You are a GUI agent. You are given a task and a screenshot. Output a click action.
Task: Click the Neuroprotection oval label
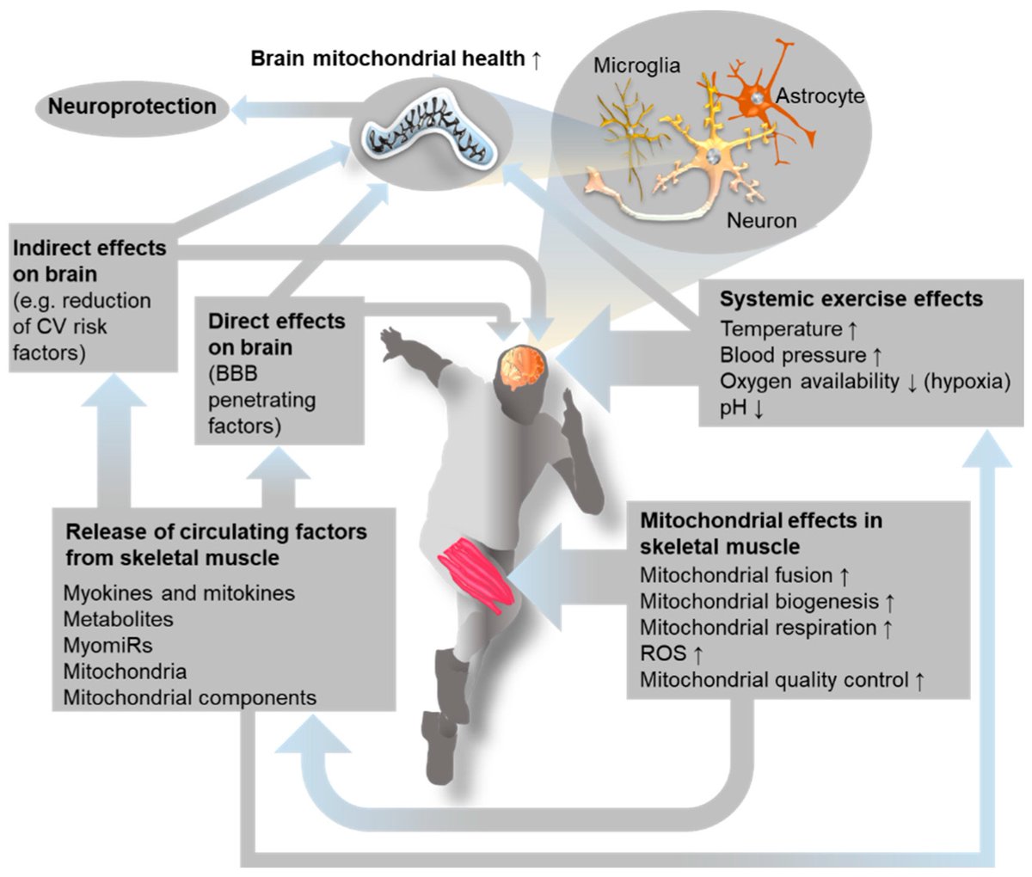pyautogui.click(x=132, y=107)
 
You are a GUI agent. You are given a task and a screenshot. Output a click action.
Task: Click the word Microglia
pyautogui.click(x=637, y=66)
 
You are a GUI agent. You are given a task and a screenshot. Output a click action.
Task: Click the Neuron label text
pyautogui.click(x=761, y=220)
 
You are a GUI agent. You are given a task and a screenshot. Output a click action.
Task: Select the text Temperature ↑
pyautogui.click(x=789, y=328)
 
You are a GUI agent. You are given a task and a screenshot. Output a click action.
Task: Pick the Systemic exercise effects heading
pyautogui.click(x=851, y=298)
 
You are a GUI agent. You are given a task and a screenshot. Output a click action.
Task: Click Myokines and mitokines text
pyautogui.click(x=179, y=592)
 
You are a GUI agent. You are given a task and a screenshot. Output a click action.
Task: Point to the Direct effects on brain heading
pyautogui.click(x=276, y=334)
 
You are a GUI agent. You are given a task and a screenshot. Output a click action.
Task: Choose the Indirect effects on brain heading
pyautogui.click(x=89, y=261)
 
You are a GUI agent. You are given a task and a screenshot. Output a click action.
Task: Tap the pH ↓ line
pyautogui.click(x=741, y=408)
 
